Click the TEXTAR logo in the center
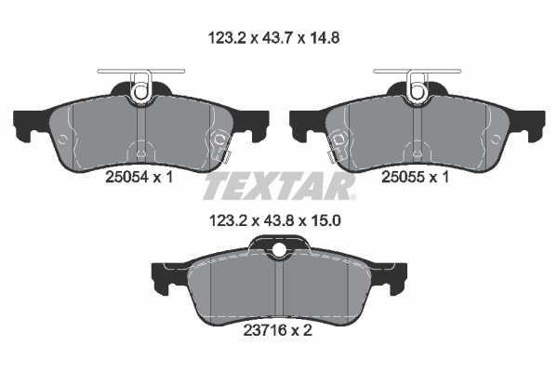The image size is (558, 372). pos(278,186)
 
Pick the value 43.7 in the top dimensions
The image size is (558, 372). pos(279,39)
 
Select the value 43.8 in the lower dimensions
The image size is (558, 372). pos(279,222)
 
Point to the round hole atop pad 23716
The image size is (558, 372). pos(279,248)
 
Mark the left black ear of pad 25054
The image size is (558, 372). pos(28,125)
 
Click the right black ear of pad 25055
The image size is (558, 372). pos(530,125)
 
